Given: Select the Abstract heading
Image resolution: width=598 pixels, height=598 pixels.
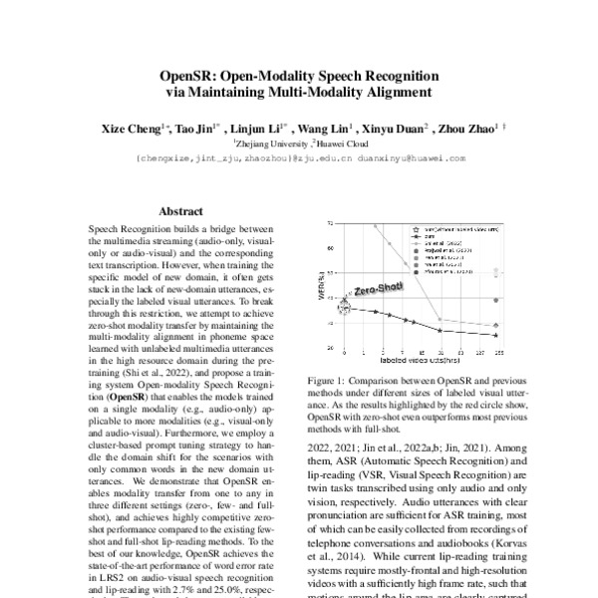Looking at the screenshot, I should [x=180, y=211].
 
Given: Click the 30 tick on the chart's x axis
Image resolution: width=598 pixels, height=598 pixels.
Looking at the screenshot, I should [x=442, y=353].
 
